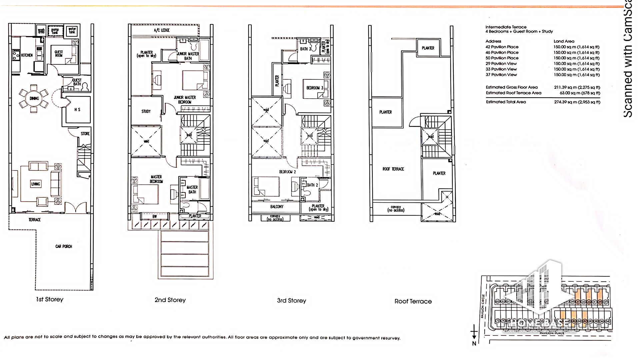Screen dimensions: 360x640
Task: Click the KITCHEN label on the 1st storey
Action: [x=27, y=55]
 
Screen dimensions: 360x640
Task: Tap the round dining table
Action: [x=34, y=98]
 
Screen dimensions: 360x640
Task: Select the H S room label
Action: [x=77, y=110]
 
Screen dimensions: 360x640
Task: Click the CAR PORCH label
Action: [x=64, y=246]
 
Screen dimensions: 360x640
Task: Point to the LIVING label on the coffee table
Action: [x=36, y=184]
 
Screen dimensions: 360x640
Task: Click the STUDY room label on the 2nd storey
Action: [x=146, y=111]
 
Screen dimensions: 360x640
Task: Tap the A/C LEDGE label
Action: [x=162, y=30]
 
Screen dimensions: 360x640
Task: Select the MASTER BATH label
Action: [x=192, y=190]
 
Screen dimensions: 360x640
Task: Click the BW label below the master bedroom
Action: [x=155, y=217]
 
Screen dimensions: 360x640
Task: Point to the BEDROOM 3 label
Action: [x=315, y=88]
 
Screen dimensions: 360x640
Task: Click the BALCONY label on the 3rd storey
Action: [x=277, y=207]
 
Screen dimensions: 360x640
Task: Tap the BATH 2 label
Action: [x=312, y=185]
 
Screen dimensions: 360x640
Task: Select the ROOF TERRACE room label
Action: [x=393, y=169]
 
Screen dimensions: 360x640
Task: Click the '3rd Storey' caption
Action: [x=291, y=300]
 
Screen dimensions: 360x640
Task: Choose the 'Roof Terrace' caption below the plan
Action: [x=413, y=301]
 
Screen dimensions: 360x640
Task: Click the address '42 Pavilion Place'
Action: [x=502, y=47]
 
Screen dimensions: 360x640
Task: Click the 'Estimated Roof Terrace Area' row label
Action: [x=513, y=93]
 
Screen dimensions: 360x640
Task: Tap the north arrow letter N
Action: [x=474, y=344]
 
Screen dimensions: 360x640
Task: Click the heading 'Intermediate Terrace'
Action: [x=506, y=27]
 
